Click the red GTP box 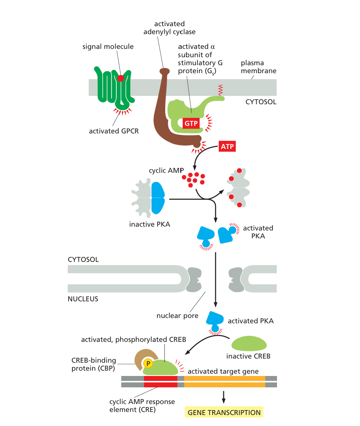pos(191,123)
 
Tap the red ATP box pos(227,146)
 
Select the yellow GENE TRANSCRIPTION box pos(224,412)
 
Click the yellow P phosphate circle pos(148,363)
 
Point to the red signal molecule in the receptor pos(121,78)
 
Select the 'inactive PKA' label pos(150,224)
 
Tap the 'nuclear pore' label pos(177,315)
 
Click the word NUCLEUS pos(83,299)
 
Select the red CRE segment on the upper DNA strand pos(160,378)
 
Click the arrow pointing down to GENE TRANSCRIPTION pos(224,396)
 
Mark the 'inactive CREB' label pos(248,357)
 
